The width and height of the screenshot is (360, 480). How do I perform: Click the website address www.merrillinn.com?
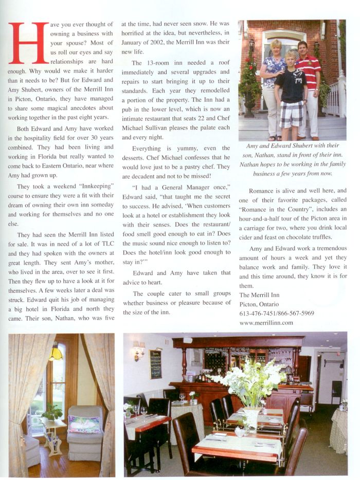pos(266,323)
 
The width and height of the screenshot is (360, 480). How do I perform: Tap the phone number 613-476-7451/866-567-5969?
pos(277,313)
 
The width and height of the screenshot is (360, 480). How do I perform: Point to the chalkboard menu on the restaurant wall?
pos(155,363)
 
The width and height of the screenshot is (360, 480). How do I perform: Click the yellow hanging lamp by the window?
pos(55,353)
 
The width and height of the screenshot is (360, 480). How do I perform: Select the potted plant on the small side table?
pos(51,412)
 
